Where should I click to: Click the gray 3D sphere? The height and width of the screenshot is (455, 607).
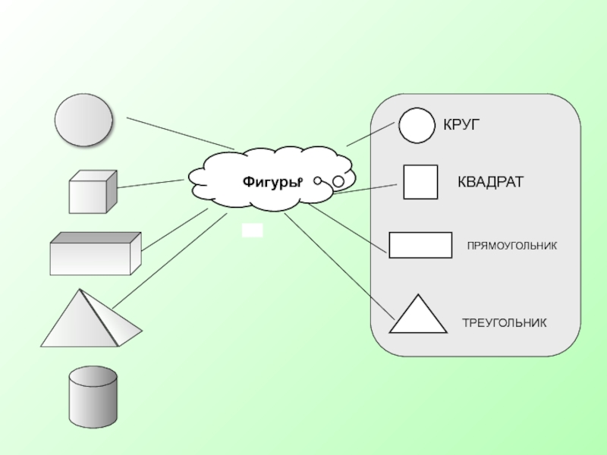(83, 120)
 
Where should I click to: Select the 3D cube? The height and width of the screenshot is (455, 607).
(92, 193)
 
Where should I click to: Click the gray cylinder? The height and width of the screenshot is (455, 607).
(93, 397)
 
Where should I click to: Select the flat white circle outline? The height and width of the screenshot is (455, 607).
(417, 124)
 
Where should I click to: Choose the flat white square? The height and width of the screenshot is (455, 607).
(420, 182)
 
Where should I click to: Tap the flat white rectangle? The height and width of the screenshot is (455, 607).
(420, 245)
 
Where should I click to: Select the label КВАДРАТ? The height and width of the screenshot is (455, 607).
(489, 183)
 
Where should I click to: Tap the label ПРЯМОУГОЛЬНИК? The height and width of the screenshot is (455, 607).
(511, 246)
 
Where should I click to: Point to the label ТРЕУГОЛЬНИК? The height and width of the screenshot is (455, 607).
(504, 323)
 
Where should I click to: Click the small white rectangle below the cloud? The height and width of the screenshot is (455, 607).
(252, 231)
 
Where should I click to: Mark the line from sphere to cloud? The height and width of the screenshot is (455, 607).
(181, 133)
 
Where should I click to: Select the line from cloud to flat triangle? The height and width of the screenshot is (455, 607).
(339, 266)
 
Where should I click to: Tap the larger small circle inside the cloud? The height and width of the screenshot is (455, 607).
(338, 182)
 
